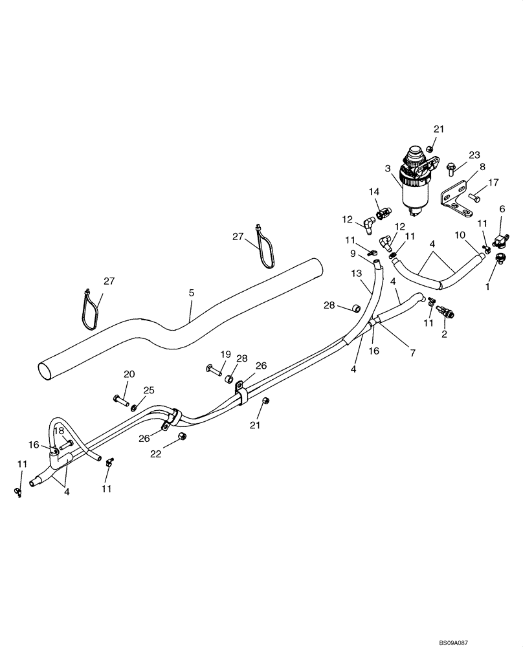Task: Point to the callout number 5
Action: [191, 293]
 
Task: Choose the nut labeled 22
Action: [183, 437]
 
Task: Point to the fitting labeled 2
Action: [445, 314]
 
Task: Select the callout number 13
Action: [357, 274]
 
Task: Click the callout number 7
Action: [412, 353]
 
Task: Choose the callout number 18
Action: [59, 430]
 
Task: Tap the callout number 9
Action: [353, 253]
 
